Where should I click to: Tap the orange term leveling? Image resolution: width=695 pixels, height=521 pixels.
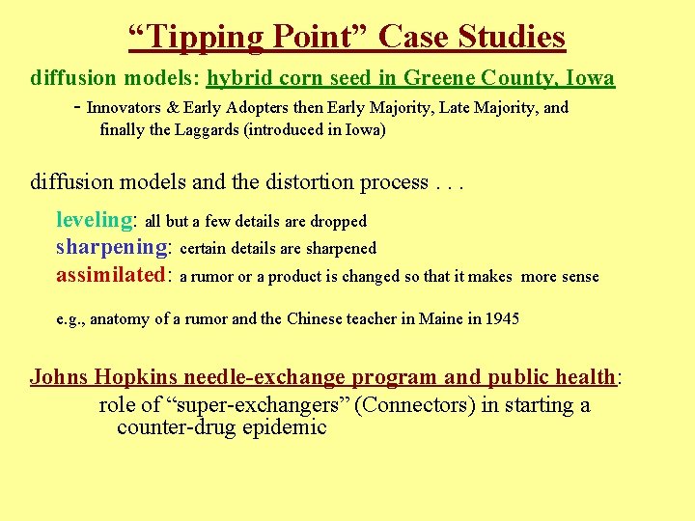coord(94,220)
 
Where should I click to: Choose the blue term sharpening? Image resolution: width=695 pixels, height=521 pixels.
coord(112,247)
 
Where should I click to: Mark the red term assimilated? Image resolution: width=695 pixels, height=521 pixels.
coord(111,275)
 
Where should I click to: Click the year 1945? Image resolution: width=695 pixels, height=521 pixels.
coord(502,318)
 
